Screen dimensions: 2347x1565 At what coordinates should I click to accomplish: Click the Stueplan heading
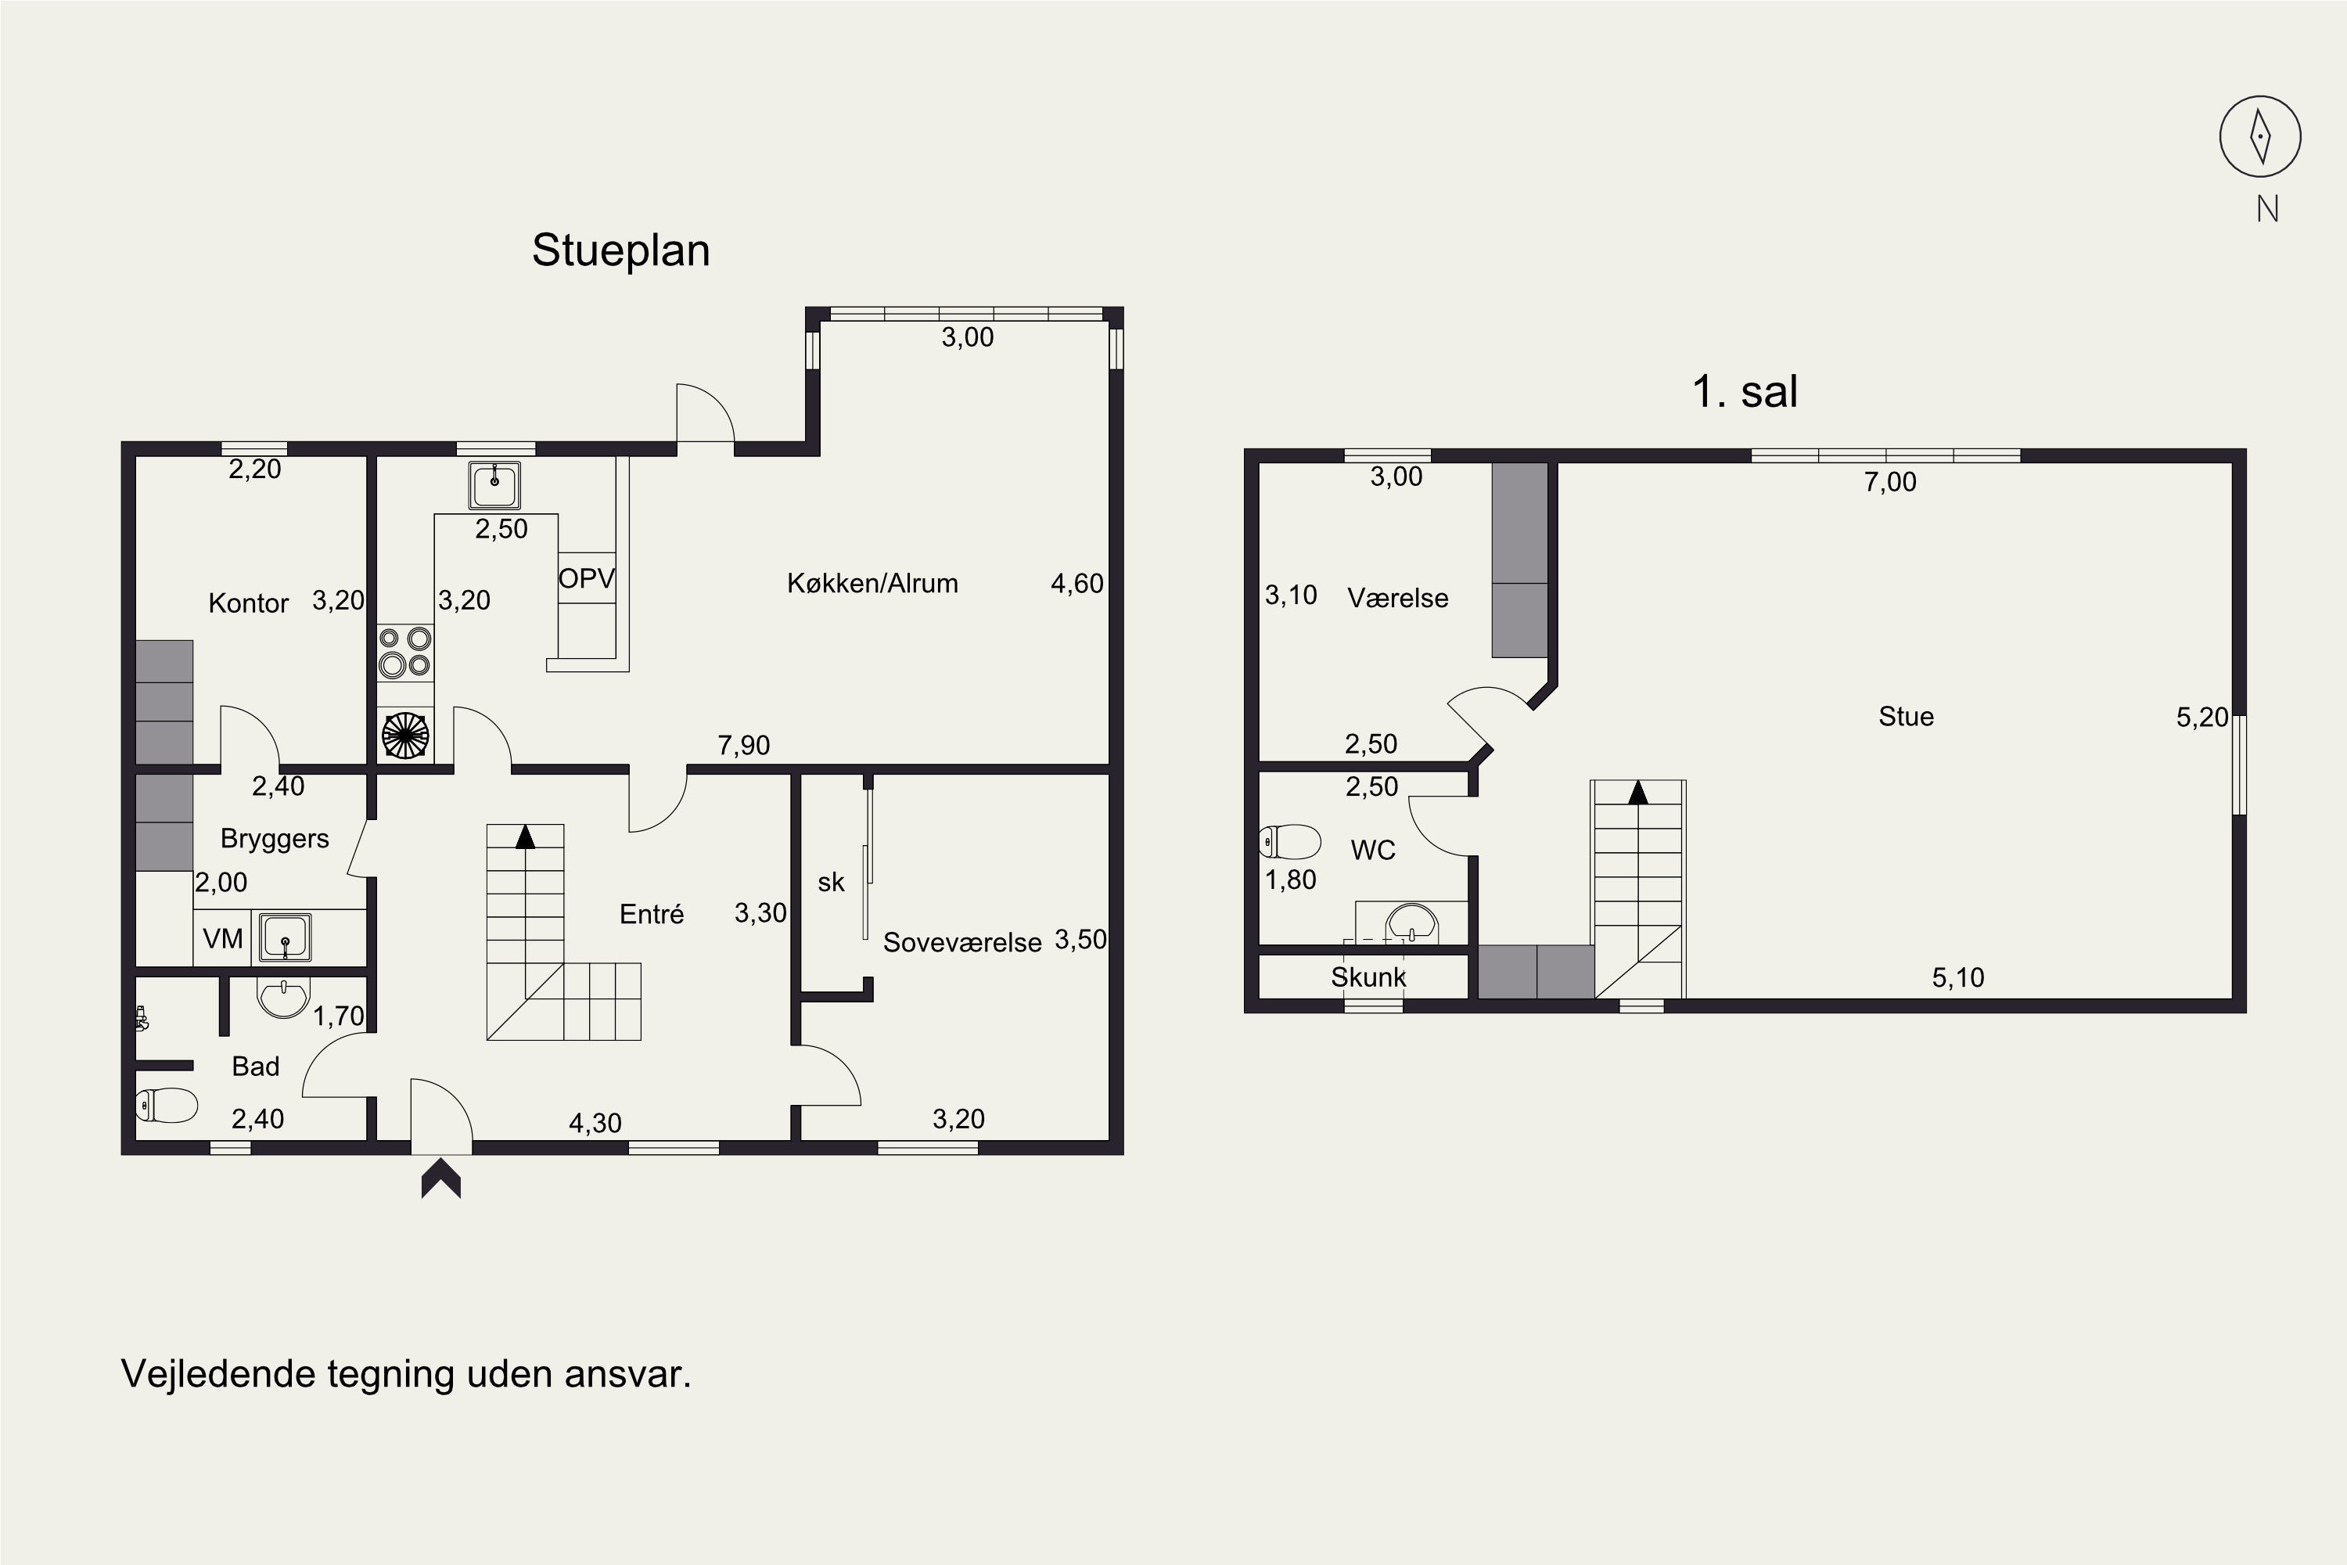pos(620,251)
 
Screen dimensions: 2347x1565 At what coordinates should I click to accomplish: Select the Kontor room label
pos(249,603)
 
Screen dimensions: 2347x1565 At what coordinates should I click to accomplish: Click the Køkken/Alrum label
pos(872,583)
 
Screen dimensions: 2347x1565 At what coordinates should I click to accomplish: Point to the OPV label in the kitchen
pos(587,579)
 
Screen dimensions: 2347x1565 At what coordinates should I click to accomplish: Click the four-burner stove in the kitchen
pos(405,653)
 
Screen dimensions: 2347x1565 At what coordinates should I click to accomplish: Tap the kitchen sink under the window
pos(494,486)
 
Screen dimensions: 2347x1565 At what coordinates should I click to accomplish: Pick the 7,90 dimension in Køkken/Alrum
pos(743,746)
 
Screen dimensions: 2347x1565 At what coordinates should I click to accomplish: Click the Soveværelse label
pos(962,942)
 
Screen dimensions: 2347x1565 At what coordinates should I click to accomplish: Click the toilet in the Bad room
pos(167,1105)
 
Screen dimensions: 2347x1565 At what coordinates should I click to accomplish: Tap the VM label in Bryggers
pos(222,939)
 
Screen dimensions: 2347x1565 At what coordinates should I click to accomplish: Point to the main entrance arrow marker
pos(441,1178)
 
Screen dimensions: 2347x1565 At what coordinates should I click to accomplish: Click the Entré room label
pos(652,914)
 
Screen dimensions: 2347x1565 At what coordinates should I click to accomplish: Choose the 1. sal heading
pos(1745,391)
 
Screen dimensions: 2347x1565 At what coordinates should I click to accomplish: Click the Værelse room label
pos(1398,598)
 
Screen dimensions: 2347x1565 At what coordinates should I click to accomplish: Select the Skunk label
pos(1368,977)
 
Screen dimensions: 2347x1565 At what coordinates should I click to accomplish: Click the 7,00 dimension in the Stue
pos(1890,482)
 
